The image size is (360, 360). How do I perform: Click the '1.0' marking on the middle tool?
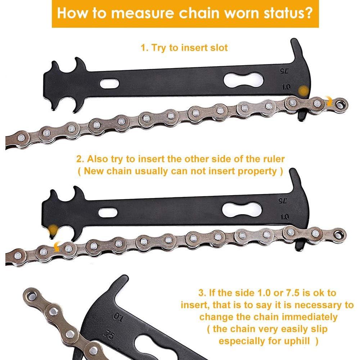point(284,217)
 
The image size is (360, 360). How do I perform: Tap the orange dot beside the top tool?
point(304,90)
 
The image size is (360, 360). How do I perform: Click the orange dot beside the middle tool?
point(53,229)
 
